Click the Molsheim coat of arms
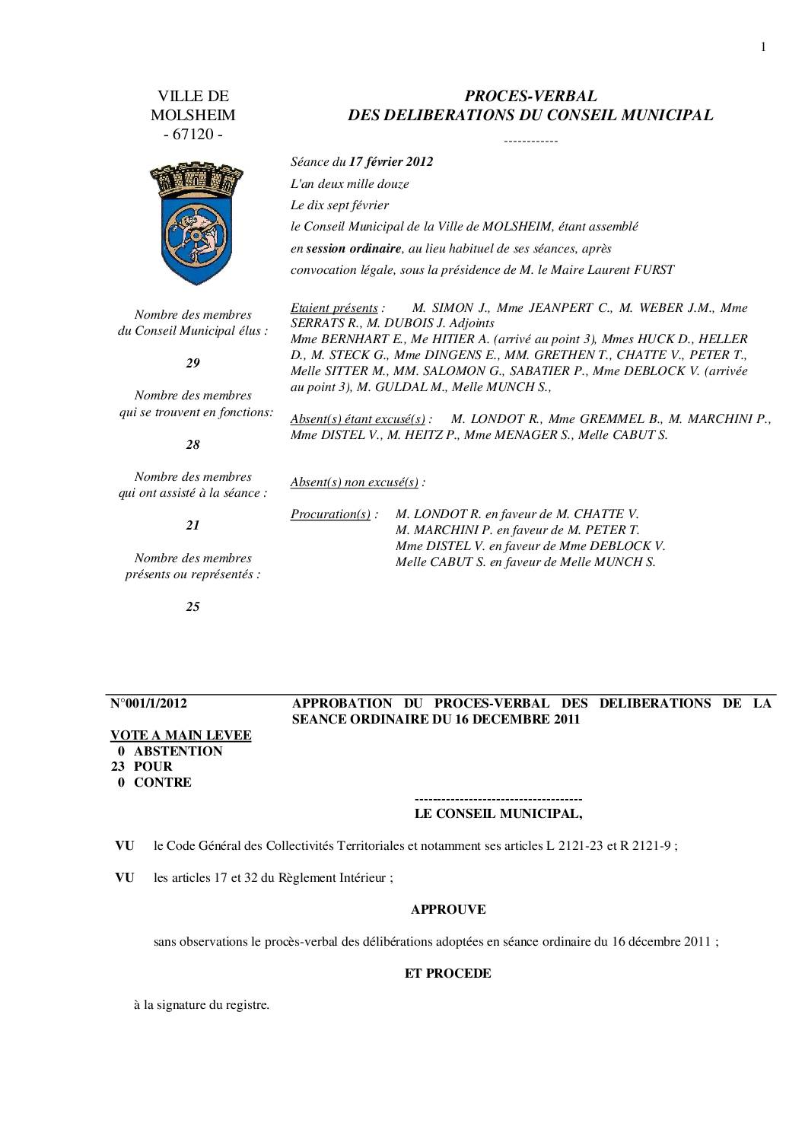coord(192,223)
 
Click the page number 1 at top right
coord(763,47)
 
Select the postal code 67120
coord(193,135)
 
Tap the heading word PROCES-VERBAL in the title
coord(530,96)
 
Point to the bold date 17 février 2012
coord(391,161)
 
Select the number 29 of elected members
coord(193,363)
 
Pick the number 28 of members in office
coord(193,444)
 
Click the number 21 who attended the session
coord(193,525)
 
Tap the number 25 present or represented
coord(193,606)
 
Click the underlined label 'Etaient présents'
coord(334,308)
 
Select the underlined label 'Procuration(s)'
coord(331,514)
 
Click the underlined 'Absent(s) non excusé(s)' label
coord(355,482)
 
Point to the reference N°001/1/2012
coord(149,703)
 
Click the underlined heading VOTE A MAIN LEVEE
coord(181,735)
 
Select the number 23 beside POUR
coord(118,766)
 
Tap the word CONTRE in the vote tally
coord(163,782)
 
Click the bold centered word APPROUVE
coord(448,909)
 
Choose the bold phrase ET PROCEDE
coord(448,973)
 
